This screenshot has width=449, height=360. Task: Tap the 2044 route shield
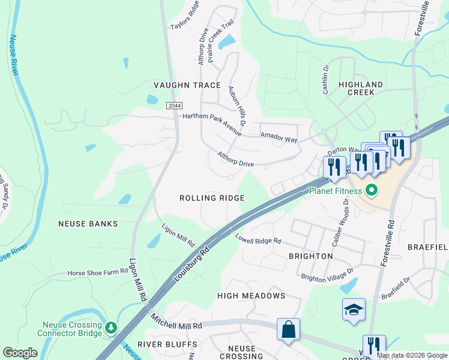(x=174, y=106)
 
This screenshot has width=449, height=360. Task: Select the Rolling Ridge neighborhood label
(x=212, y=198)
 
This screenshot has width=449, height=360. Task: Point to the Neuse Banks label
(x=88, y=224)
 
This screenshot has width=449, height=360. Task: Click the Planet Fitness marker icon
(x=372, y=191)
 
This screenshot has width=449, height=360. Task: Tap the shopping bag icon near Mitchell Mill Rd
(x=289, y=329)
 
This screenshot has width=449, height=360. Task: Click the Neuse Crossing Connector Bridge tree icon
(x=110, y=328)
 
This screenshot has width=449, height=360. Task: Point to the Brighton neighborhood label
(x=310, y=256)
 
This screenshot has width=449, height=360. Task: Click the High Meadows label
(x=251, y=296)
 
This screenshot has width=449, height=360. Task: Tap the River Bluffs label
(x=167, y=344)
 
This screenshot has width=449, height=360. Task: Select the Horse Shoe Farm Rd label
(x=98, y=272)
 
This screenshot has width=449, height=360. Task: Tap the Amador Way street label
(x=279, y=138)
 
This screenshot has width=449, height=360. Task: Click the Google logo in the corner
(x=20, y=353)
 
